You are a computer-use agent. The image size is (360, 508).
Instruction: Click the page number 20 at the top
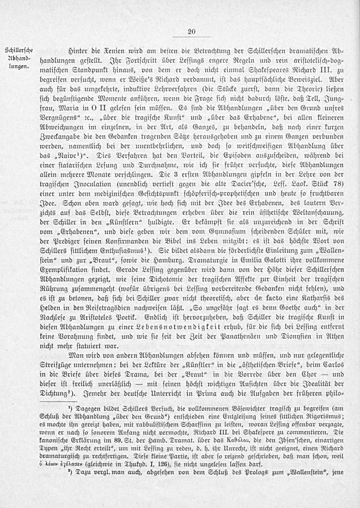pos(191,32)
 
